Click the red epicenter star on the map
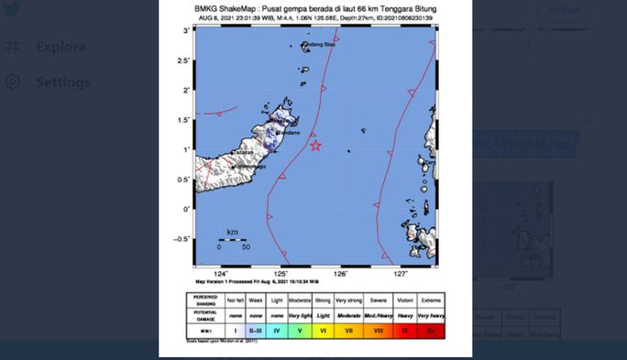(316, 146)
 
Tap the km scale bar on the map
(233, 241)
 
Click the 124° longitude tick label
(221, 274)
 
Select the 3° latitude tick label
(187, 31)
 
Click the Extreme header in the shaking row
(431, 300)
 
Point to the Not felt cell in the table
(236, 300)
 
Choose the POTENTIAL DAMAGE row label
(205, 313)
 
